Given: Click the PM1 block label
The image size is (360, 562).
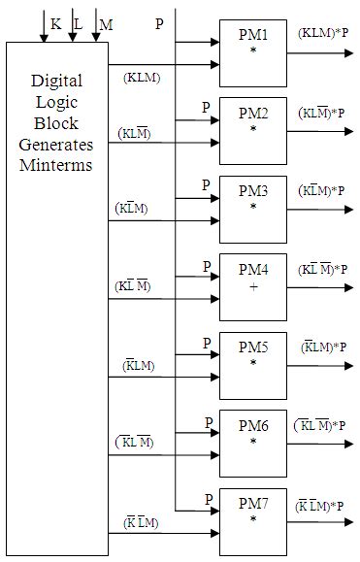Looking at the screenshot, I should pos(252,35).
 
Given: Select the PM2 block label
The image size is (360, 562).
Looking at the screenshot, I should pos(253,114).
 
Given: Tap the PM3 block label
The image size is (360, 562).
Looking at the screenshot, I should pos(253,192).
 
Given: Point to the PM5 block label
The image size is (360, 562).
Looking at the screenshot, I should pos(253,348).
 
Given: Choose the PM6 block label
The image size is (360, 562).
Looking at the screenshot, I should pos(253,427).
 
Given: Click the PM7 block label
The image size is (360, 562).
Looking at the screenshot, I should pos(253,505).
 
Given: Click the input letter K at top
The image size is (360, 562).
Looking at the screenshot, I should pos(54,21).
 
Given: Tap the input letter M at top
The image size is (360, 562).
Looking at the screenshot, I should pos(106,22).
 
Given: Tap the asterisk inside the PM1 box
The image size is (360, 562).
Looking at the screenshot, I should pos(253,49).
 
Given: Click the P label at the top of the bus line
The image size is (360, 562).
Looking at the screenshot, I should pos(159,22).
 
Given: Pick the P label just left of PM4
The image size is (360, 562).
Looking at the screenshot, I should pos(207,265).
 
